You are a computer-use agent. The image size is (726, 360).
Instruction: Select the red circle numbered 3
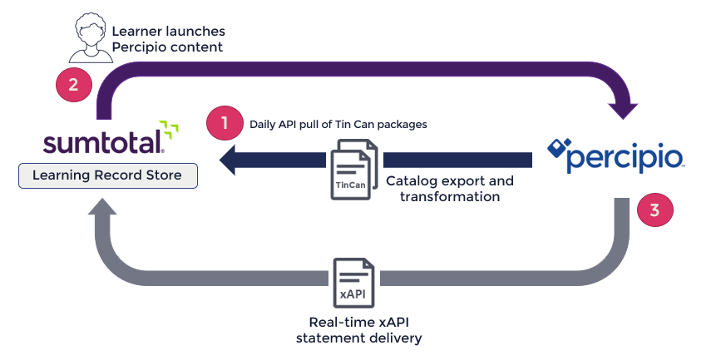tap(654, 210)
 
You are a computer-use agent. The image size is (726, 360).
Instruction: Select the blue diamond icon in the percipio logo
tap(559, 150)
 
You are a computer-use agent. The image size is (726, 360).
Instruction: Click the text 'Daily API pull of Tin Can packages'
tap(338, 125)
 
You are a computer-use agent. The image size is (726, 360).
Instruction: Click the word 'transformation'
tap(450, 196)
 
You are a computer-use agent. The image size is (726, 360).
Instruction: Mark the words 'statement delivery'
tap(359, 338)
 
